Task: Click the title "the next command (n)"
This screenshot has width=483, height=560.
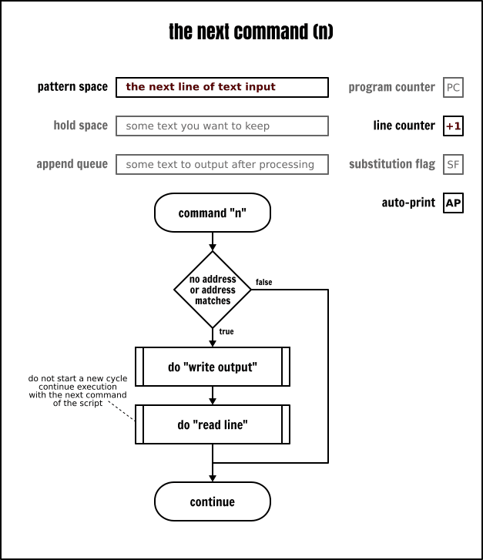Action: tap(251, 32)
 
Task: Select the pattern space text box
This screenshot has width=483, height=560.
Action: tap(222, 87)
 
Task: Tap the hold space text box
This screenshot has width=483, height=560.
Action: tap(222, 126)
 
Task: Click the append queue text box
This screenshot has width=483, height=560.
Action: tap(222, 164)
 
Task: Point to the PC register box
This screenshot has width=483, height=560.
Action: tap(453, 87)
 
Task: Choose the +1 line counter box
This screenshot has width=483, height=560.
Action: tap(453, 126)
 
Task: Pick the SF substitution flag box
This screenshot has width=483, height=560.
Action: tap(453, 164)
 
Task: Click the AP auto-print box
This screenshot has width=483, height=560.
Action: tap(453, 203)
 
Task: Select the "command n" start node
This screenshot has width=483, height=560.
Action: tap(213, 213)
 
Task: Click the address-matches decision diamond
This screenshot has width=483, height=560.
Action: tap(213, 290)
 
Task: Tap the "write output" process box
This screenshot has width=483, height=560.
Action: tap(213, 367)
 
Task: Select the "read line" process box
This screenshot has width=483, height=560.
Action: tap(213, 424)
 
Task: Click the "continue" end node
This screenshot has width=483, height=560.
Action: tap(213, 502)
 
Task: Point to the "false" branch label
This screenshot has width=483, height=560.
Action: tap(263, 283)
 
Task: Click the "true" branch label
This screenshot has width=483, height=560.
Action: tap(226, 331)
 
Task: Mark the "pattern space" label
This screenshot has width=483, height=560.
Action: tap(72, 87)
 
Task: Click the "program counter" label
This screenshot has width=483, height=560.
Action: tap(391, 87)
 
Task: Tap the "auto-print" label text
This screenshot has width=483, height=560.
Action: tap(408, 203)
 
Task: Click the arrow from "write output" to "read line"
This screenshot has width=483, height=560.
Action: tap(213, 395)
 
